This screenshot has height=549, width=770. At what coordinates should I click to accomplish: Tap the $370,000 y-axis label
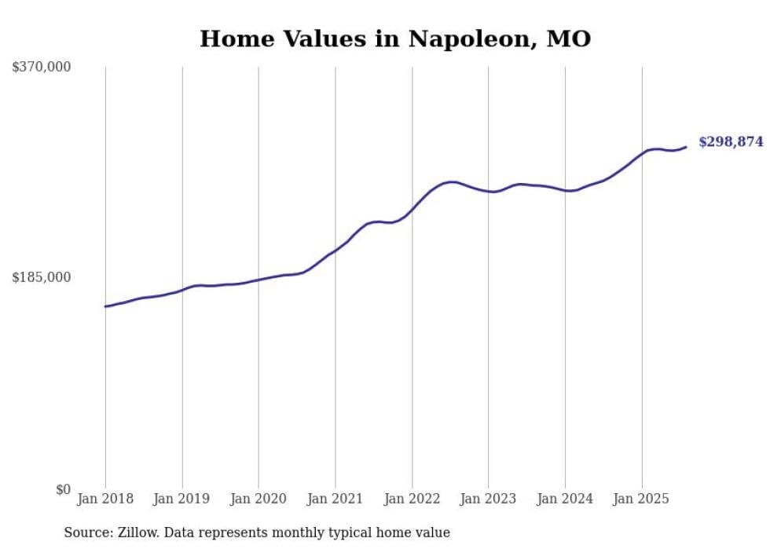[x=41, y=68]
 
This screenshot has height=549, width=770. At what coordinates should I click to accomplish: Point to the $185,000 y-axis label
[x=41, y=277]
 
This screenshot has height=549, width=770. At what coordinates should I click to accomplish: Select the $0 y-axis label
[x=63, y=489]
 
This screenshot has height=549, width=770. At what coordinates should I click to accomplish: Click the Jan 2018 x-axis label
[x=105, y=499]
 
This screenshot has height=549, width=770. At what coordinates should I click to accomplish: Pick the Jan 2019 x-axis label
[x=182, y=499]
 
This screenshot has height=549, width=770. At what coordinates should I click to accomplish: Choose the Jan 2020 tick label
[x=258, y=499]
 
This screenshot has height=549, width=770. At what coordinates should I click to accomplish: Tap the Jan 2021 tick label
[x=335, y=499]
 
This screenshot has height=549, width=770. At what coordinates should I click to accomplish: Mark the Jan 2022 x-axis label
[x=412, y=499]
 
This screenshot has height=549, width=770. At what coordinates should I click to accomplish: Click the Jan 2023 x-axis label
[x=488, y=499]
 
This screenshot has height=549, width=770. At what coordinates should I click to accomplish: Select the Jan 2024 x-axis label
[x=565, y=499]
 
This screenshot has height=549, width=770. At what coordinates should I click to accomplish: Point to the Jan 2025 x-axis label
[x=641, y=499]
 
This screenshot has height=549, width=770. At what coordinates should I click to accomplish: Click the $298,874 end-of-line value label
[x=731, y=142]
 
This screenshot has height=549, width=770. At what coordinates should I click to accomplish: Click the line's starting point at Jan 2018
[x=105, y=306]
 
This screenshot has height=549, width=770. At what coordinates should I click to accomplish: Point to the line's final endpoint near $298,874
[x=686, y=147]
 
